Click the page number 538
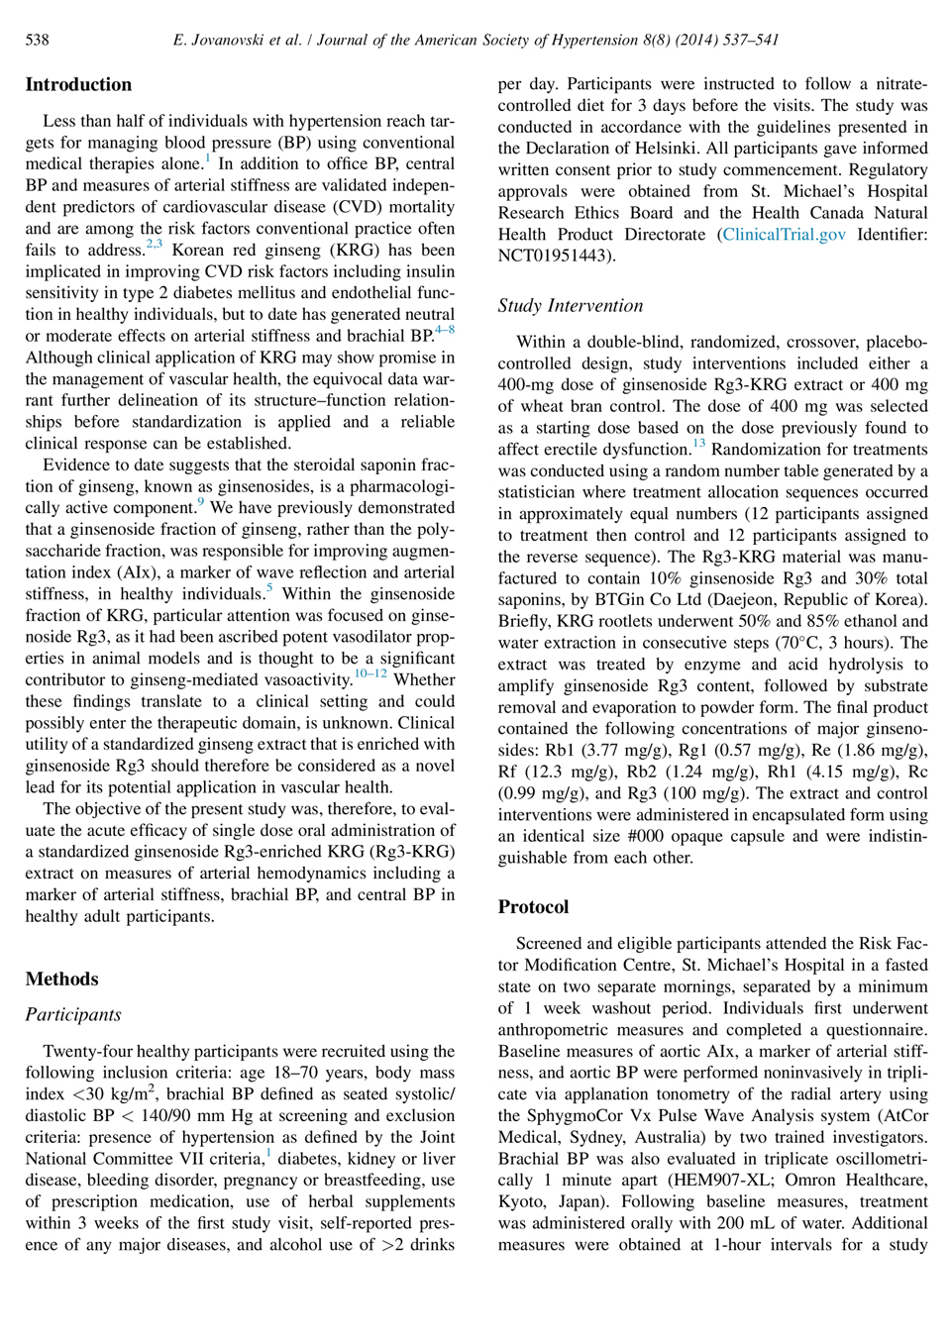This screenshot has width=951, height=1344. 37,40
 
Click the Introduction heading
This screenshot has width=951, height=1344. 78,85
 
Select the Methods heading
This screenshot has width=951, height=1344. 61,980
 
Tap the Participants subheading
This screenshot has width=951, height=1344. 73,1015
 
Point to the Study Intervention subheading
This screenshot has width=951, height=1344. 570,306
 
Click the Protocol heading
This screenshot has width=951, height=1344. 533,907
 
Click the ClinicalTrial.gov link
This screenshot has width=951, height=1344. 784,235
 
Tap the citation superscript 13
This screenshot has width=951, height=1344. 699,444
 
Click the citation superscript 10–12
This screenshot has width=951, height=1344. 370,674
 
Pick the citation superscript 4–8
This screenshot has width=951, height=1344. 445,330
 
